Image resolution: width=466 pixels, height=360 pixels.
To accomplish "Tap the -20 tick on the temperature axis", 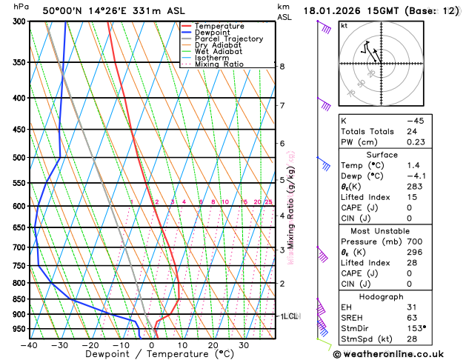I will point(90,344).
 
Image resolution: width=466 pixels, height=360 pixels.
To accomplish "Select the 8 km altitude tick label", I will point(282,67).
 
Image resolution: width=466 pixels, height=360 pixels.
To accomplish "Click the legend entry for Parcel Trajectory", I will point(228,39).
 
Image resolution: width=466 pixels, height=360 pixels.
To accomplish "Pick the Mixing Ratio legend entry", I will point(219,64).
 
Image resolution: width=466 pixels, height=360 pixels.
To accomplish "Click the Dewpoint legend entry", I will point(213,33).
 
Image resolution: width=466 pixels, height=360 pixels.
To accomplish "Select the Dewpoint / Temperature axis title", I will point(152,355).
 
